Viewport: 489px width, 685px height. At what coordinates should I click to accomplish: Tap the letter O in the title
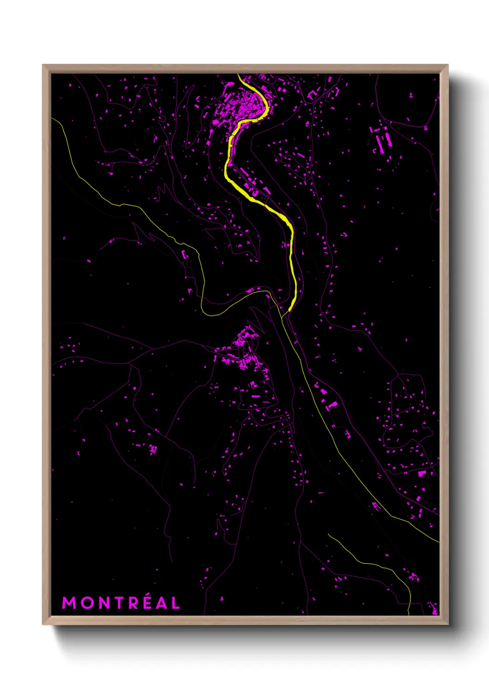(86, 603)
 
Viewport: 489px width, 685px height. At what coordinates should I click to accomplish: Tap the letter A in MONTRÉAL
(160, 603)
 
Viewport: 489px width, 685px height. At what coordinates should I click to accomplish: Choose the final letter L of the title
(175, 603)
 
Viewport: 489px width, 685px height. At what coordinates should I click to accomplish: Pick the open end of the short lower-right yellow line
(329, 535)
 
